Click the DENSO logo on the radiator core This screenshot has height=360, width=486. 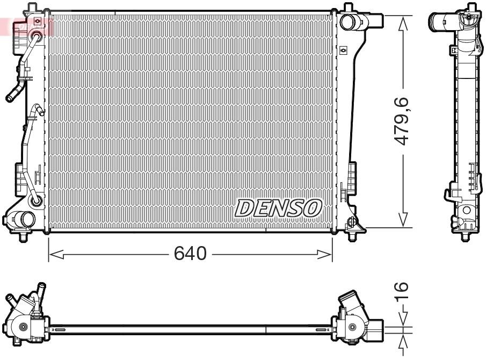[278, 208]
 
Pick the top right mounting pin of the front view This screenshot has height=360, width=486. [349, 6]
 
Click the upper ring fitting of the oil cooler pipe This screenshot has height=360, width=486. [36, 37]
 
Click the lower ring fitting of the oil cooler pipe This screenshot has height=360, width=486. [36, 200]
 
